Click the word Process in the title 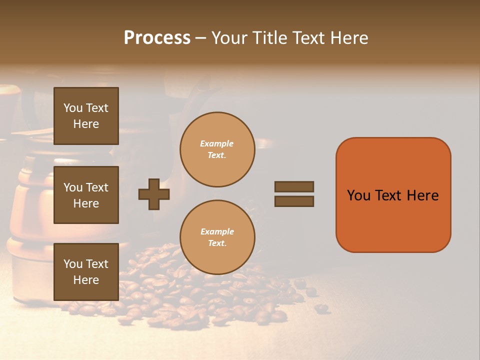click(157, 38)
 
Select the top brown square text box click(86, 116)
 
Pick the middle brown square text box click(86, 195)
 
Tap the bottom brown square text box click(86, 271)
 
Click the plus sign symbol click(154, 194)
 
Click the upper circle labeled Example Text click(217, 149)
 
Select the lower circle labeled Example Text click(217, 237)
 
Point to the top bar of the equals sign click(294, 186)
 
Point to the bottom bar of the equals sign click(294, 201)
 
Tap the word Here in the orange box click(422, 195)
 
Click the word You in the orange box click(358, 195)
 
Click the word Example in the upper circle click(216, 143)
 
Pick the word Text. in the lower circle click(217, 243)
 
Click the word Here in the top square click(86, 124)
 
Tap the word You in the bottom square click(73, 264)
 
